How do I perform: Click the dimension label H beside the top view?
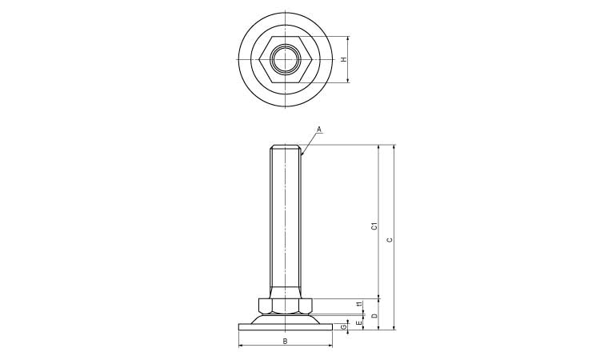pyautogui.click(x=344, y=59)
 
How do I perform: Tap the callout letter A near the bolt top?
pyautogui.click(x=318, y=129)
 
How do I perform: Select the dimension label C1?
pyautogui.click(x=374, y=226)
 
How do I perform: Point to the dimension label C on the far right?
pyautogui.click(x=390, y=239)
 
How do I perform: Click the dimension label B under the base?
pyautogui.click(x=286, y=342)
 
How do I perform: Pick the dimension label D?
pyautogui.click(x=374, y=315)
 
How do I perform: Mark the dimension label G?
pyautogui.click(x=344, y=326)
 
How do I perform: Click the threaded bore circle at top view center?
pyautogui.click(x=286, y=59)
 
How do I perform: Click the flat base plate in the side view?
pyautogui.click(x=286, y=326)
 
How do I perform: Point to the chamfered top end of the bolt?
pyautogui.click(x=286, y=147)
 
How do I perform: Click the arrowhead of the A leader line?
pyautogui.click(x=302, y=154)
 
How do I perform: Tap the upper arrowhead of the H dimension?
pyautogui.click(x=350, y=38)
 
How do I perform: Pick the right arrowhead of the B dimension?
pyautogui.click(x=330, y=346)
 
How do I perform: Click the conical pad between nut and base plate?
pyautogui.click(x=286, y=318)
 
